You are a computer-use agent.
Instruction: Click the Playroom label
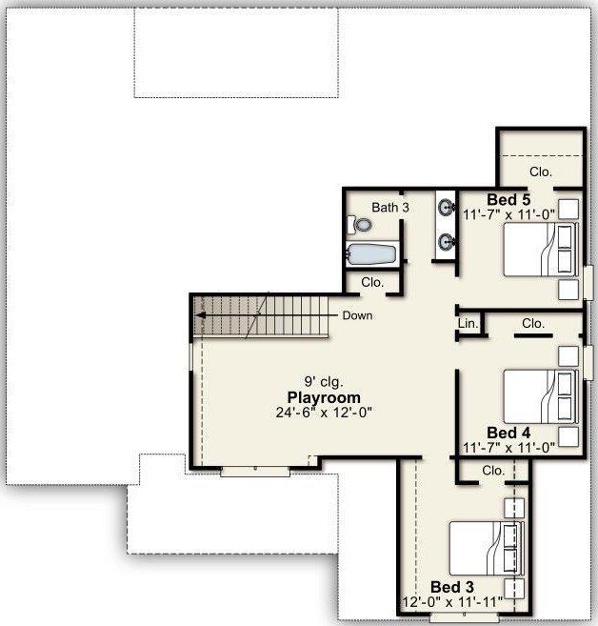pyautogui.click(x=324, y=397)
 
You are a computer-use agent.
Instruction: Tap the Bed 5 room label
pyautogui.click(x=508, y=200)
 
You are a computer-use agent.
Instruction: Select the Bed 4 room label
pyautogui.click(x=508, y=432)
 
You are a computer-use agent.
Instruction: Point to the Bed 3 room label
pyautogui.click(x=452, y=587)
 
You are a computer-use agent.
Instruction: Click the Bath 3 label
pyautogui.click(x=390, y=207)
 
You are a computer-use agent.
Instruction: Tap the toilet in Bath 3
pyautogui.click(x=360, y=225)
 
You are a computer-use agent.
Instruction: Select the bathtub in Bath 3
pyautogui.click(x=371, y=255)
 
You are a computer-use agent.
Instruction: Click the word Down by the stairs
pyautogui.click(x=357, y=315)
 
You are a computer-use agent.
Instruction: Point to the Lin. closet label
pyautogui.click(x=468, y=324)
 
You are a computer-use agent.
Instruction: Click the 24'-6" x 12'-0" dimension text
pyautogui.click(x=324, y=413)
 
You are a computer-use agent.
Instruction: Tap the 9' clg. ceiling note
pyautogui.click(x=324, y=382)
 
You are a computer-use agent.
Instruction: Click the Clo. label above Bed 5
pyautogui.click(x=541, y=172)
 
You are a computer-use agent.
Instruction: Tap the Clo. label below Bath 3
pyautogui.click(x=372, y=282)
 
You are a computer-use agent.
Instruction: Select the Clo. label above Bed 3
pyautogui.click(x=492, y=471)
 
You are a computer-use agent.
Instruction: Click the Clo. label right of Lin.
pyautogui.click(x=533, y=324)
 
